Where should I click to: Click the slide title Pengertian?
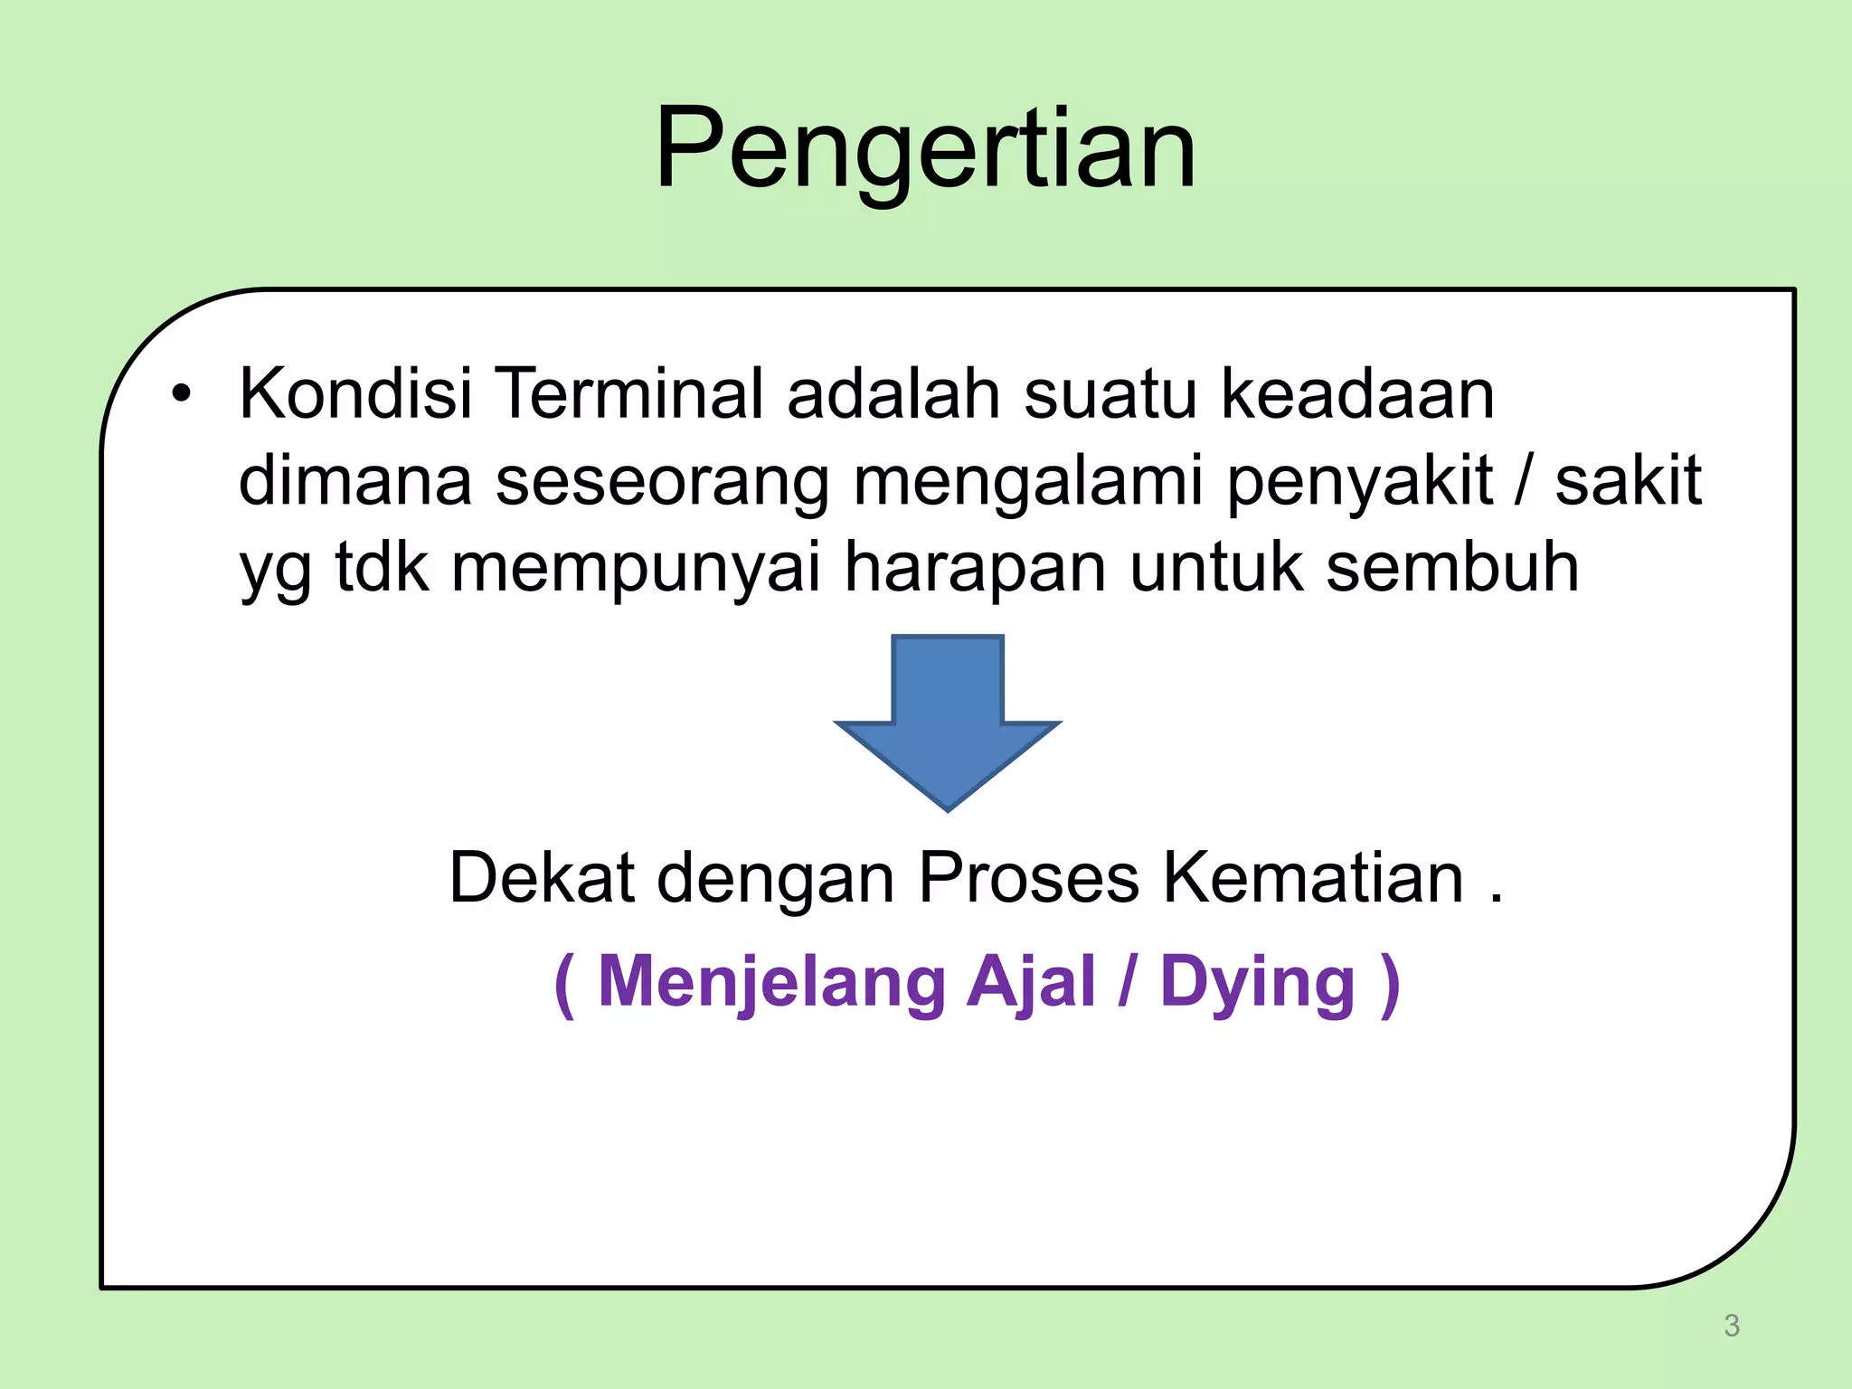(x=925, y=149)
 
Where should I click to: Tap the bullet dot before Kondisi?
(x=182, y=395)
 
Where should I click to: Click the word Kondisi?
(x=355, y=394)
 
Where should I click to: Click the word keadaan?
(x=1357, y=394)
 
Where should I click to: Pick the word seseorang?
(x=662, y=482)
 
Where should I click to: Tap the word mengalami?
(x=1028, y=482)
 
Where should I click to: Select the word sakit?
(x=1628, y=482)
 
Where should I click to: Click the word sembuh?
(x=1451, y=568)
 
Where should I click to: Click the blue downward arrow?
(x=947, y=723)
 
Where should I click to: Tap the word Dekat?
(x=541, y=877)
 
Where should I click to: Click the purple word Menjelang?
(x=771, y=983)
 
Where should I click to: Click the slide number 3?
(x=1731, y=1325)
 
